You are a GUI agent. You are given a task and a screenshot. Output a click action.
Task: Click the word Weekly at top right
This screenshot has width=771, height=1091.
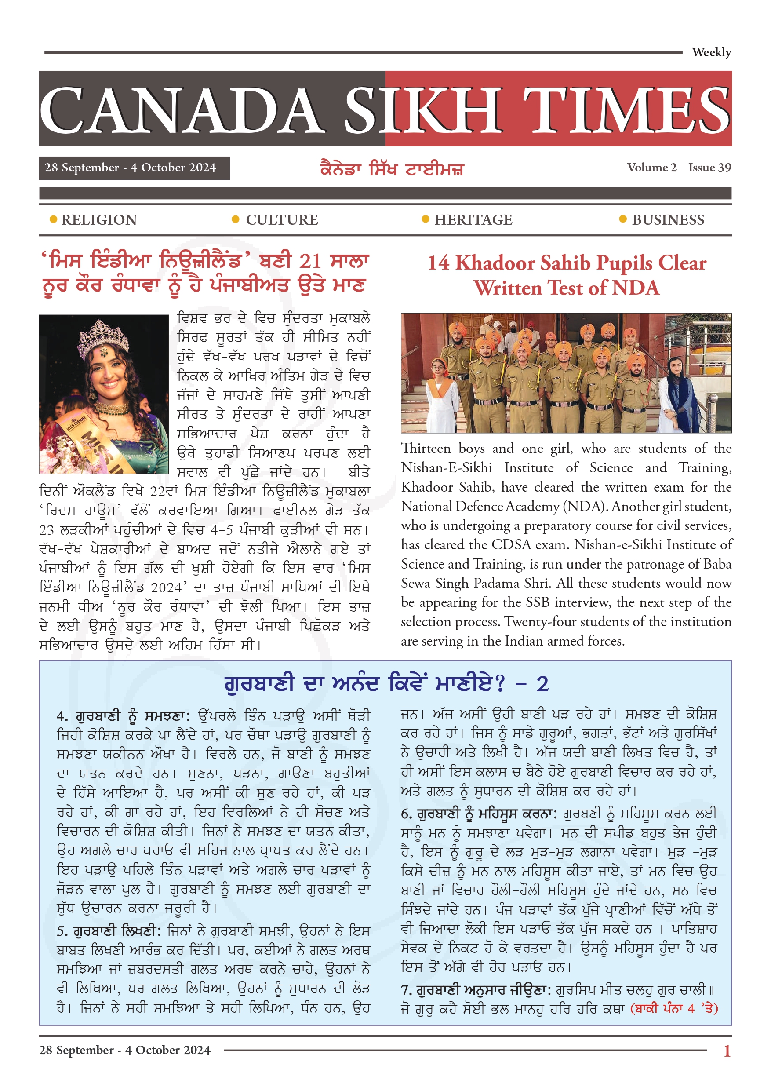tap(711, 52)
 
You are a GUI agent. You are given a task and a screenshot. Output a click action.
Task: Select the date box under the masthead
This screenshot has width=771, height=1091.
tap(134, 168)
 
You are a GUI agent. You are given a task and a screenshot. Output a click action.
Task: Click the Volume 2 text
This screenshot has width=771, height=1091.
tap(651, 168)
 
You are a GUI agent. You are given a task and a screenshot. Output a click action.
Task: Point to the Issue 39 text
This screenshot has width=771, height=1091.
tap(709, 168)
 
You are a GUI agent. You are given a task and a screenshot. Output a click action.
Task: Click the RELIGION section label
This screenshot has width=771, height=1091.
tap(99, 220)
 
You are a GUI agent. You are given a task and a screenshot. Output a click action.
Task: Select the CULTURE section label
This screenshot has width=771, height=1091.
tap(282, 220)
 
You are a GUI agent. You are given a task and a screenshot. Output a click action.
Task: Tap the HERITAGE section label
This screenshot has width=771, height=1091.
tap(473, 220)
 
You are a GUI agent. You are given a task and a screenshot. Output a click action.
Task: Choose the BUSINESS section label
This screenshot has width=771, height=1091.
tap(667, 220)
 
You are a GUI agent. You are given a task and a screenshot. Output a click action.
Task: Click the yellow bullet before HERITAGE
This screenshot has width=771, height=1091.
tap(425, 219)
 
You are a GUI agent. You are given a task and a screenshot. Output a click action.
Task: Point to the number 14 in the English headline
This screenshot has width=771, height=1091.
tap(438, 263)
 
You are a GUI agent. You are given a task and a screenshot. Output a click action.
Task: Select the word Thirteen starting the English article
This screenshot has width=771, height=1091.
tap(426, 449)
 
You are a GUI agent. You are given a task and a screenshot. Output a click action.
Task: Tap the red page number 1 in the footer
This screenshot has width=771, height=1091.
tap(726, 1051)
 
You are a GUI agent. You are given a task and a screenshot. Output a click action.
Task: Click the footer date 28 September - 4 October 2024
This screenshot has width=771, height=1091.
tap(124, 1050)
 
